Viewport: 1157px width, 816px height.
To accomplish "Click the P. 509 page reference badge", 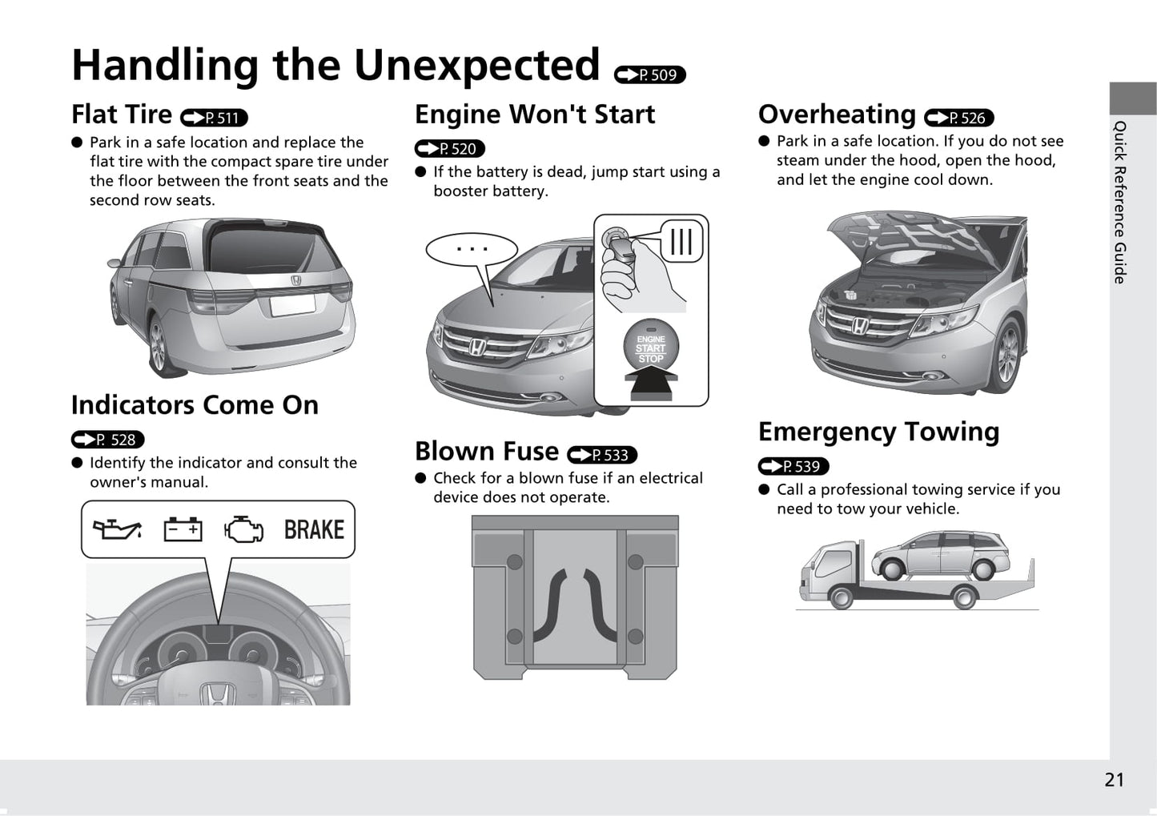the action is [650, 75].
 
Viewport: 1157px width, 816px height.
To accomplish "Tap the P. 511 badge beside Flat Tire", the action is [214, 118].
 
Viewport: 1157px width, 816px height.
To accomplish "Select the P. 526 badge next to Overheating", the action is [958, 118].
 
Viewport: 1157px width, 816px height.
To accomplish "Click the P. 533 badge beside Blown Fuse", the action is [602, 455].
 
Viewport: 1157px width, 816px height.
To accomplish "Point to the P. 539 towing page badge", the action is [793, 466].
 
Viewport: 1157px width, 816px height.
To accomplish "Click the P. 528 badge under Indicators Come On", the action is [107, 440].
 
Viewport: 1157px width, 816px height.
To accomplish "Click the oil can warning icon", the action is [117, 529].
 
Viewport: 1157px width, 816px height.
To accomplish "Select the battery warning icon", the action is [183, 529].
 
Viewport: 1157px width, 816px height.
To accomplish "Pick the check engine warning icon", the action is [243, 529].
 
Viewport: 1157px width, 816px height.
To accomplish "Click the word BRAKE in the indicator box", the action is [314, 530].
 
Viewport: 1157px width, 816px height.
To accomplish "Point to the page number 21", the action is [1114, 780].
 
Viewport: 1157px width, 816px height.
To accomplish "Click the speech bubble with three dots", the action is [472, 250].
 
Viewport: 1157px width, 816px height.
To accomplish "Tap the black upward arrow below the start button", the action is [651, 382].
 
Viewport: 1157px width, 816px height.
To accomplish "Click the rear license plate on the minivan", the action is [293, 306].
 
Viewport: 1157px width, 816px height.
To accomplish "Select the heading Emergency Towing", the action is [878, 432].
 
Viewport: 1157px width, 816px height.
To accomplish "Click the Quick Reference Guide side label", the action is [1120, 202].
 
